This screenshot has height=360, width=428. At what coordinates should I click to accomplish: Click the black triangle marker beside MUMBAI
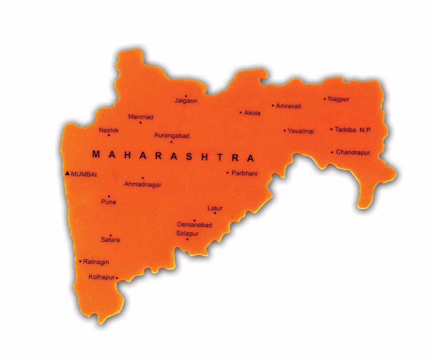[x=68, y=173]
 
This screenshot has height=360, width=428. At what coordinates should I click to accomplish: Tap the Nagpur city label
[x=338, y=99]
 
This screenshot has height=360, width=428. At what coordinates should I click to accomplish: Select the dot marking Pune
[x=109, y=196]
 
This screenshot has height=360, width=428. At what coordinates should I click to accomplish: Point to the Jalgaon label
[x=186, y=101]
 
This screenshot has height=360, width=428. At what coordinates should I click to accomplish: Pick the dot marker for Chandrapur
[x=332, y=152]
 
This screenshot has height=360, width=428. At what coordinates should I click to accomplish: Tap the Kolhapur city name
[x=102, y=277]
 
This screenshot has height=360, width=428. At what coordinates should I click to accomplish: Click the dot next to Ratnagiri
[x=80, y=261]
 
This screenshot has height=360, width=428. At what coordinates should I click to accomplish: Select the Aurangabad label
[x=172, y=135]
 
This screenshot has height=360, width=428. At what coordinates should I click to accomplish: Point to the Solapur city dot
[x=187, y=239]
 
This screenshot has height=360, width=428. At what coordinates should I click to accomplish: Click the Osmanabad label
[x=194, y=225]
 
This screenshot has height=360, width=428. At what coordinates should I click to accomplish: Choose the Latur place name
[x=215, y=208]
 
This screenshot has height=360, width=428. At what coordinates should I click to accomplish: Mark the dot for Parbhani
[x=228, y=173]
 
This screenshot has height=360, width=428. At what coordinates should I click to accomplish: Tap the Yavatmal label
[x=301, y=131]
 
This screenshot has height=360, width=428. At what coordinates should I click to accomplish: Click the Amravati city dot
[x=273, y=105]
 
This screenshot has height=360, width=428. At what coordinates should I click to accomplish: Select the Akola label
[x=252, y=113]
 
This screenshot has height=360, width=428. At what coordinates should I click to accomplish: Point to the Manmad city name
[x=140, y=117]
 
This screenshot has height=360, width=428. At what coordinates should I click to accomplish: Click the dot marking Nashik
[x=109, y=135]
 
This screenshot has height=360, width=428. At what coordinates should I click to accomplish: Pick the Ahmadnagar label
[x=142, y=185]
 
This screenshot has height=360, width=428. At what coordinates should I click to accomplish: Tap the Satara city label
[x=111, y=240]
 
